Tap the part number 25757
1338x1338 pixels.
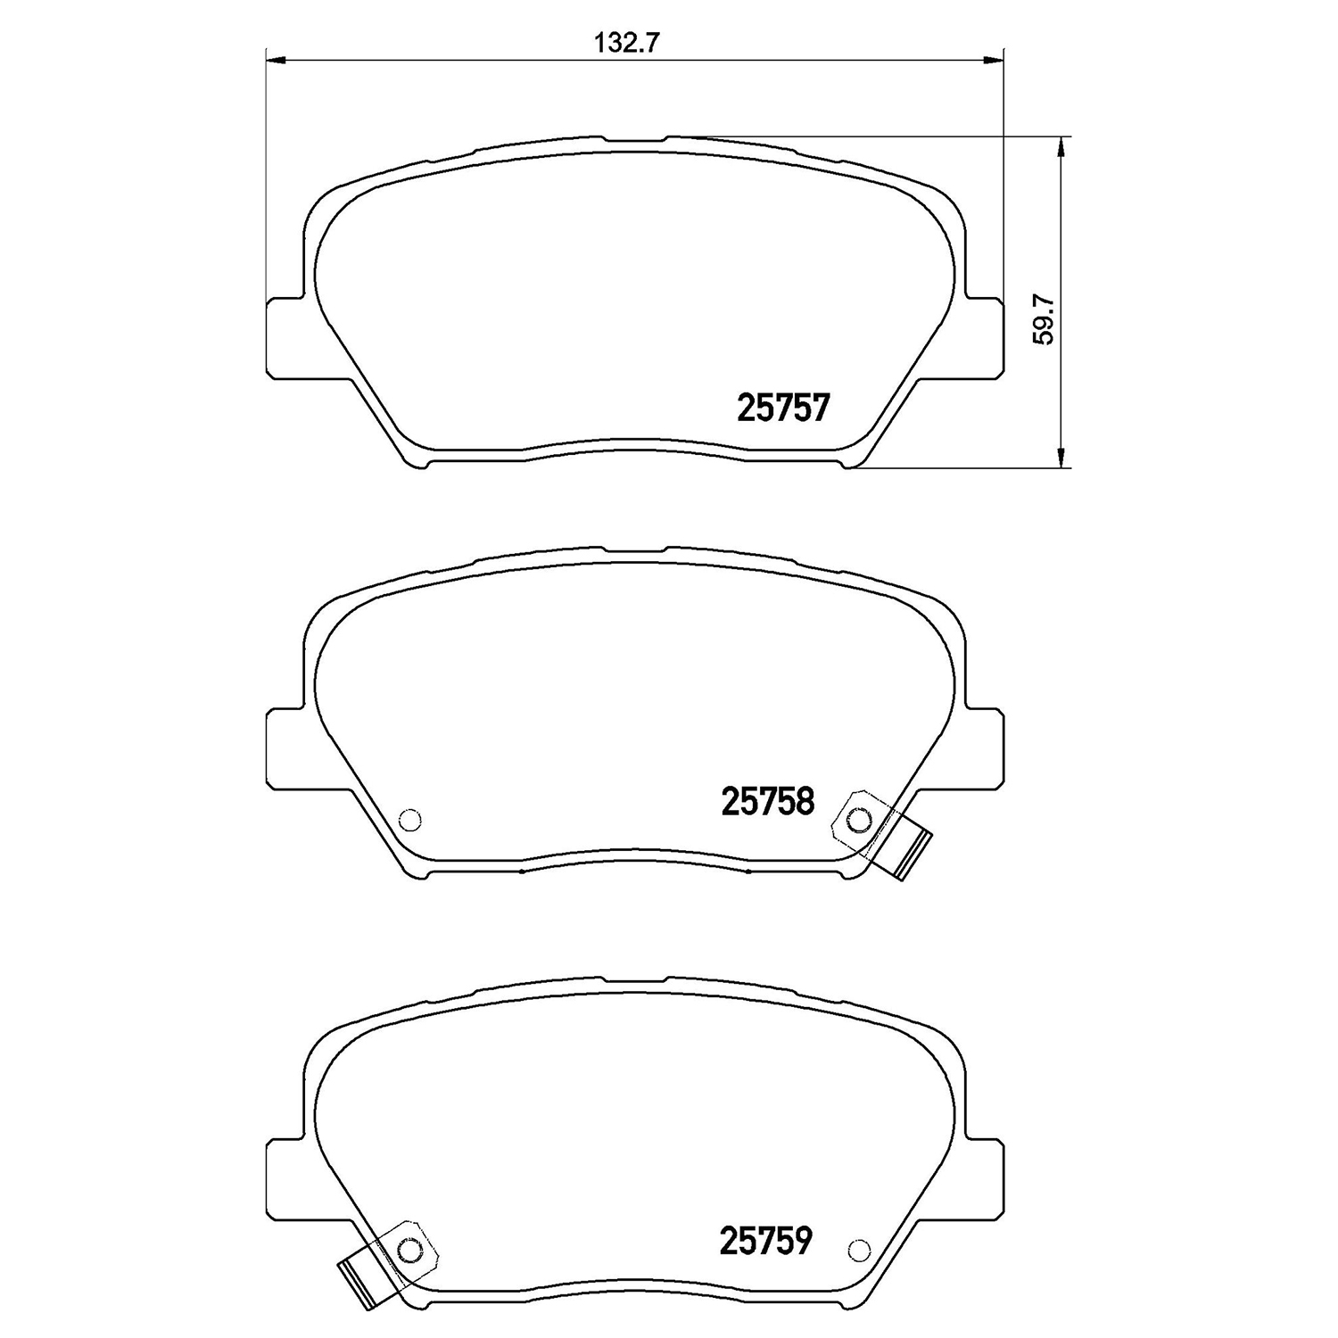[x=784, y=409]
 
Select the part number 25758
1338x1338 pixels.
[x=768, y=802]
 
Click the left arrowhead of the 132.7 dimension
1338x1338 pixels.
[x=276, y=61]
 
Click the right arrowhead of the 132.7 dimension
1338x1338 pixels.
[x=994, y=61]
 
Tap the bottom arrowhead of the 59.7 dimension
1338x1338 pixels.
[x=1060, y=458]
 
